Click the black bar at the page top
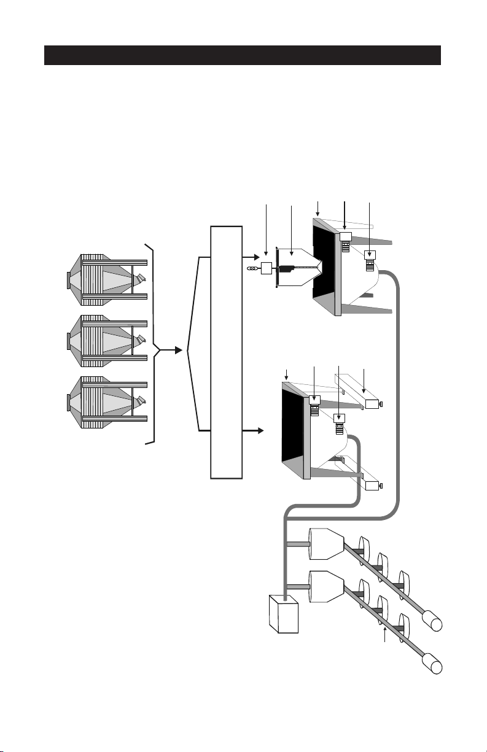[x=243, y=55]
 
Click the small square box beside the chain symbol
[x=267, y=268]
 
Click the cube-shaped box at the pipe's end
[x=283, y=614]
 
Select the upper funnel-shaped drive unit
[x=325, y=544]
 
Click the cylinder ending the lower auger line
[x=434, y=665]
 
